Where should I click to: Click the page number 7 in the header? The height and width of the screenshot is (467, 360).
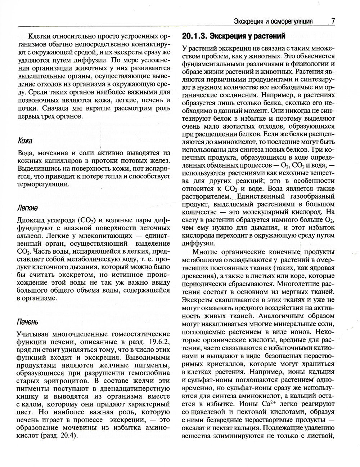(x=333, y=21)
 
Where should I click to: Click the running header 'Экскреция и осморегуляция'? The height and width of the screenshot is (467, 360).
(x=273, y=21)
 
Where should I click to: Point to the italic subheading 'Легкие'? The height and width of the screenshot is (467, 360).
(x=27, y=208)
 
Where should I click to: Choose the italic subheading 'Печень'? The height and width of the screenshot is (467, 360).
(x=27, y=322)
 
